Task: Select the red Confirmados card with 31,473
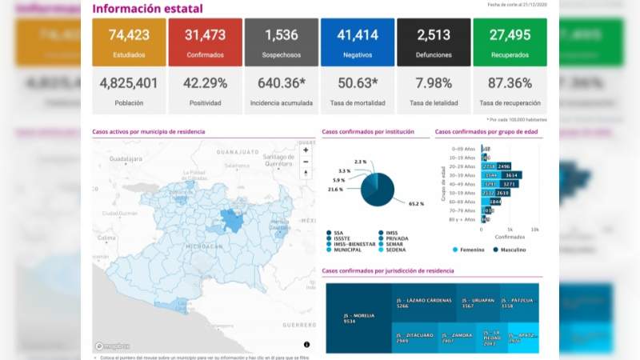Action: pos(206,42)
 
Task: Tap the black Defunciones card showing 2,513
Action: pos(434,42)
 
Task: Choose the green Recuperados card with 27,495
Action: pos(510,42)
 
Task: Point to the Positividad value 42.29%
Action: pos(206,83)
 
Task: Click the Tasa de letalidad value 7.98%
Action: pos(434,83)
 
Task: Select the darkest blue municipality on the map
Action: pos(233,221)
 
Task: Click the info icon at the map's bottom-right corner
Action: pos(306,345)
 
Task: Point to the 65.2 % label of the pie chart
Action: pos(415,204)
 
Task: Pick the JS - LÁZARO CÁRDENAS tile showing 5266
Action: pos(422,302)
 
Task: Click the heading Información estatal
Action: pos(147,9)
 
